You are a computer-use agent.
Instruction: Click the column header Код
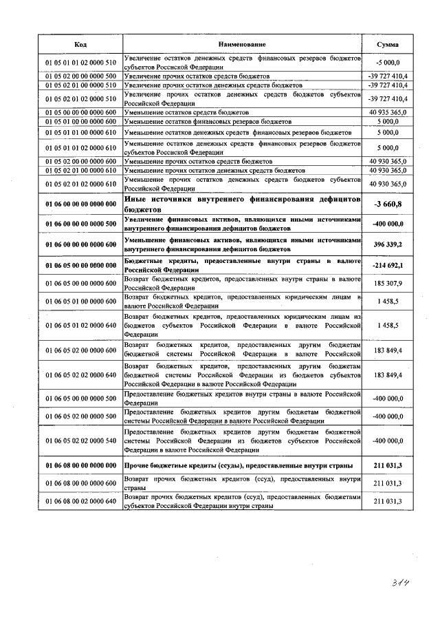tap(80, 44)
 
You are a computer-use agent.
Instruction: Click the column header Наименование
tap(243, 44)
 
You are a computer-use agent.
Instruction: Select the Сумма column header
tap(388, 44)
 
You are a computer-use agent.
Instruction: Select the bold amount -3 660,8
tap(388, 203)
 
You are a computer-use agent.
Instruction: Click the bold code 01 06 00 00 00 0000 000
tap(80, 203)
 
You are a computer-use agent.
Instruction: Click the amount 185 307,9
tap(388, 283)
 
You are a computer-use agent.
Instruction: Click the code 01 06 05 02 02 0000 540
tap(80, 441)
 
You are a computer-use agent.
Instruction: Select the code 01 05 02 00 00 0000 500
tap(80, 76)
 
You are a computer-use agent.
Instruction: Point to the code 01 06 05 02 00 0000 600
tap(80, 350)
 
